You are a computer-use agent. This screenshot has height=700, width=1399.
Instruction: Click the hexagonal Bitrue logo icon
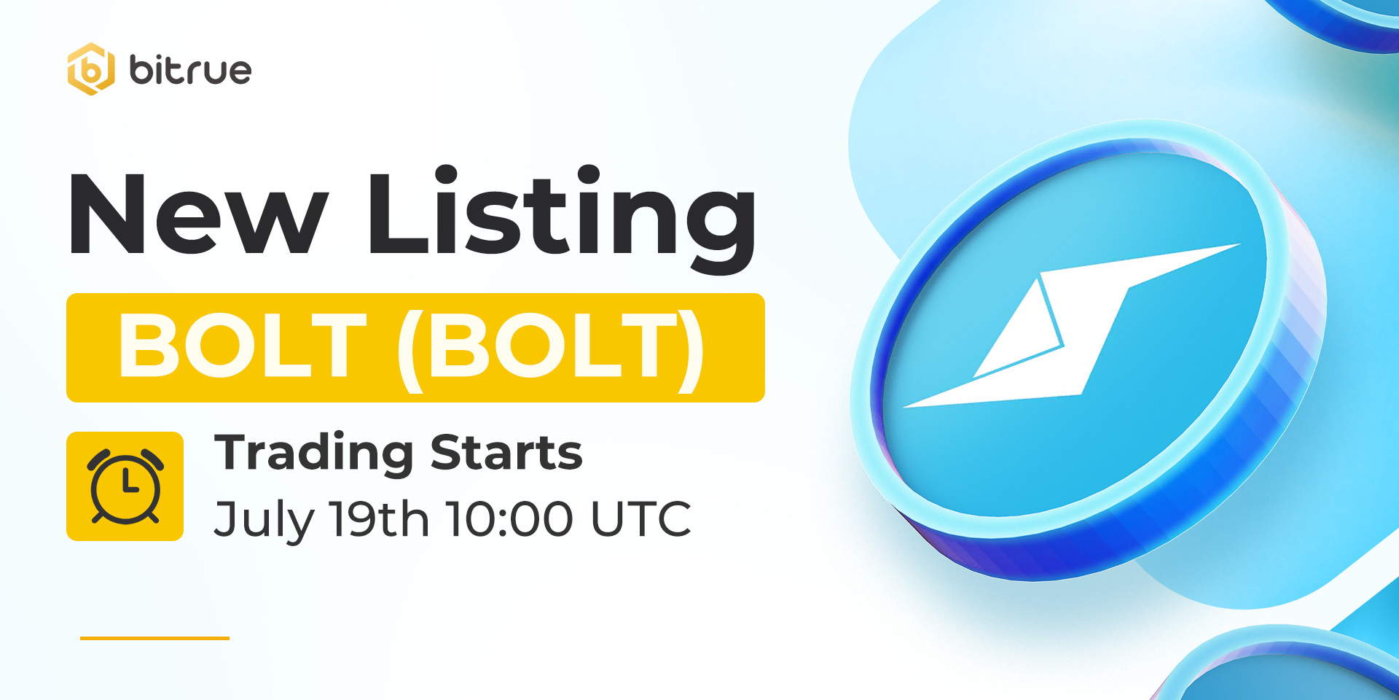(x=91, y=69)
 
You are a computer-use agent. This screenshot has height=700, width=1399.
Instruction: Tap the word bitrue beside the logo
(x=190, y=70)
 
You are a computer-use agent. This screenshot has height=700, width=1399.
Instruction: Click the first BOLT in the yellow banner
(x=243, y=346)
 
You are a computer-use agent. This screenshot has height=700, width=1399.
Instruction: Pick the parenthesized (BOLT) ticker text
(x=551, y=349)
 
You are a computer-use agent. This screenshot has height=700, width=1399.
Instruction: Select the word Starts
(x=506, y=453)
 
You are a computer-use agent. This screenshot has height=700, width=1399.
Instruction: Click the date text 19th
(x=379, y=518)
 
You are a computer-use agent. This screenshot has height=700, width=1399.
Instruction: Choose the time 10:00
(x=510, y=519)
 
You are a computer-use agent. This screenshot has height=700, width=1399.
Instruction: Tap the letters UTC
(x=640, y=519)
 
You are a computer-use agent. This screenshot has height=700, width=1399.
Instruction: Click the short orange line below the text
(x=154, y=638)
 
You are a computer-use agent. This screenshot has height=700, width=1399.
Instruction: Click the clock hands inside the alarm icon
(x=129, y=483)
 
